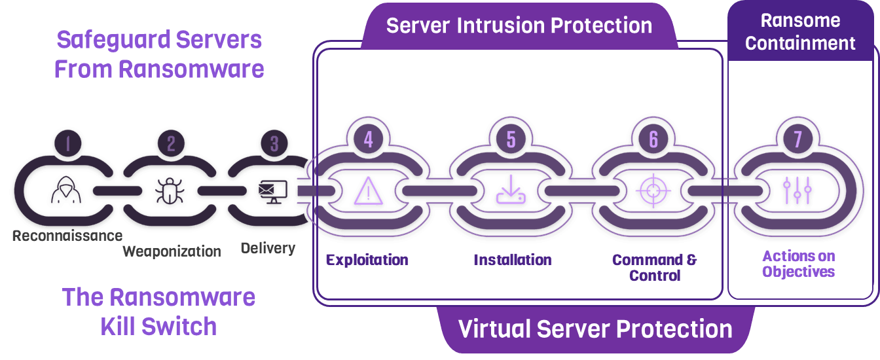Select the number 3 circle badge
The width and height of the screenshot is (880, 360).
click(274, 143)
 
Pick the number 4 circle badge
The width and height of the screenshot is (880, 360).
click(368, 139)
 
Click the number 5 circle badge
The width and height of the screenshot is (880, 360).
click(511, 139)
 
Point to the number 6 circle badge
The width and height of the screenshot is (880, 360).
click(653, 139)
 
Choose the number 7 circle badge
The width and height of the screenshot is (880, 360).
click(797, 139)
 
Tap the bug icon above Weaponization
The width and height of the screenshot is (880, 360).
click(170, 190)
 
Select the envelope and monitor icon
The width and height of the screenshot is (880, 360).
click(273, 190)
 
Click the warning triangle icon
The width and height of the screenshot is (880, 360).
click(368, 190)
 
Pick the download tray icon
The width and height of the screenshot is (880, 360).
click(511, 190)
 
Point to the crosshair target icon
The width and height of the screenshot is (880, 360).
click(653, 190)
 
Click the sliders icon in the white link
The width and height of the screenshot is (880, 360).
click(797, 190)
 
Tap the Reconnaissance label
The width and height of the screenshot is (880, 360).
click(67, 235)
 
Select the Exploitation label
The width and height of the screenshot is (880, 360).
click(367, 260)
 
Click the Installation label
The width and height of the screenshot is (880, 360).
click(513, 260)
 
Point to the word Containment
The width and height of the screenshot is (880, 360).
click(800, 43)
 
